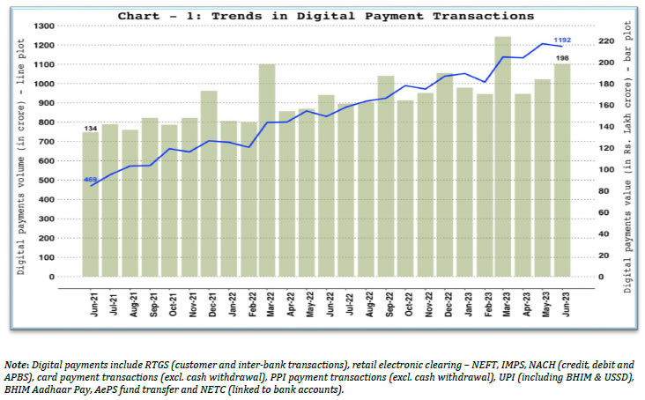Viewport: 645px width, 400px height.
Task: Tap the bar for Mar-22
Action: (266, 171)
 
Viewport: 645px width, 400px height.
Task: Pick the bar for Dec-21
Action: (209, 184)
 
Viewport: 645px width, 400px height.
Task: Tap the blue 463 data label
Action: (90, 180)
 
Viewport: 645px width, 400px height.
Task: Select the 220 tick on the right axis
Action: (603, 41)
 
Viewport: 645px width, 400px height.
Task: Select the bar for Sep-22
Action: (385, 176)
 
